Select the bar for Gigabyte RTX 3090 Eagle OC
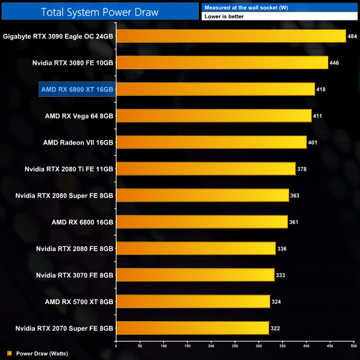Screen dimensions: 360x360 tap(231, 36)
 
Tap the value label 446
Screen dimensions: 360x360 tap(334, 63)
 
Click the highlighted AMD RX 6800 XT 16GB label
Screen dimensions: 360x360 tap(77, 89)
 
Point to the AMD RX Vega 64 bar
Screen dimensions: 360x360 tap(214, 116)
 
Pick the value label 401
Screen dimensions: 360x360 tap(313, 142)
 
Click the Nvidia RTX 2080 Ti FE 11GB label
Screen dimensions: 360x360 tap(69, 169)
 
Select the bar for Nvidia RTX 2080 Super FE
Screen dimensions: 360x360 tap(202, 196)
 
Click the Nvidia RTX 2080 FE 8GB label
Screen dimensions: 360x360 tap(74, 249)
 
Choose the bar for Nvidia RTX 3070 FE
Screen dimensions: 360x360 tap(195, 275)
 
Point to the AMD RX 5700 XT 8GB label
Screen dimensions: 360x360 tap(79, 302)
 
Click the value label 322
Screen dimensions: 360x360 tap(275, 328)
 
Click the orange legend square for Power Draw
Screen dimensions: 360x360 tap(9, 353)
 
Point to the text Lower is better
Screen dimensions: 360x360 tap(224, 17)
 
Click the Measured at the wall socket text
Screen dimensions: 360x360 tap(240, 7)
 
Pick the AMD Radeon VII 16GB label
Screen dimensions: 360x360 tap(78, 142)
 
